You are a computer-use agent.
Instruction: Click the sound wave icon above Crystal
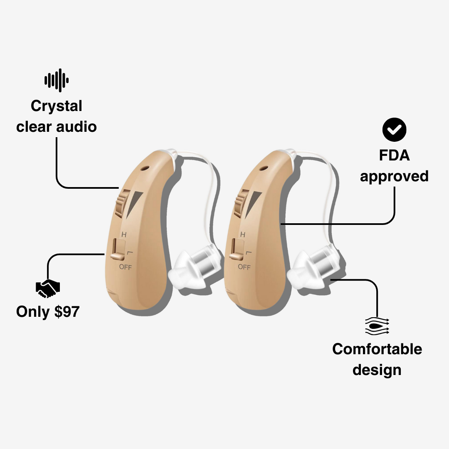(57, 80)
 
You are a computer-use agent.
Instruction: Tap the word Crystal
(57, 106)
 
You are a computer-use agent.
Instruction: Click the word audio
(77, 126)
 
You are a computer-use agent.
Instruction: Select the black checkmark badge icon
(394, 131)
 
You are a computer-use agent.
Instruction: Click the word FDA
(394, 155)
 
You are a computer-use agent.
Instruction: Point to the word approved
(394, 177)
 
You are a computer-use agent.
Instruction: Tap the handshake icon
(48, 289)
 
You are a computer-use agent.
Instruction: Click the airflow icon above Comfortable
(377, 326)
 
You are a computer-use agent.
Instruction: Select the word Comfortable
(377, 349)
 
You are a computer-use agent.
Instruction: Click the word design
(377, 370)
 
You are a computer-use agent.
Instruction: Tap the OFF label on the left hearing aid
(125, 267)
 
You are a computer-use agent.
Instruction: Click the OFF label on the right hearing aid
(244, 267)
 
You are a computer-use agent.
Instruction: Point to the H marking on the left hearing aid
(123, 234)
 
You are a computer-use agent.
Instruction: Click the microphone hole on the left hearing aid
(144, 169)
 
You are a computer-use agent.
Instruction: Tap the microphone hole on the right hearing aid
(263, 169)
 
